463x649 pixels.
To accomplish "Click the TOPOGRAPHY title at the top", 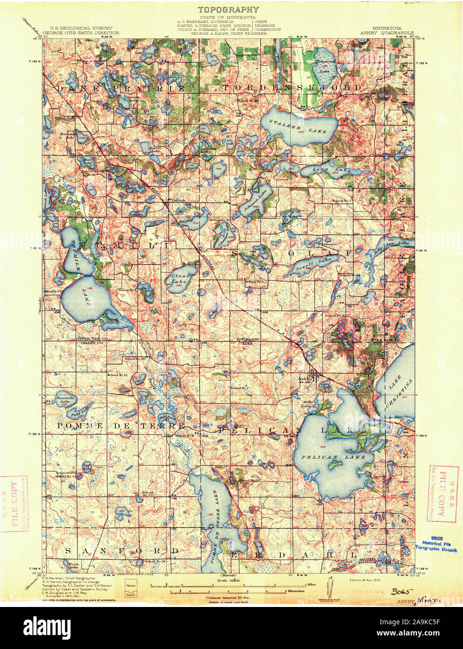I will [x=228, y=9].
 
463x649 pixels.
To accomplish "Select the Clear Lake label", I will [x=180, y=279].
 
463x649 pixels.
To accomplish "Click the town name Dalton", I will [x=178, y=200].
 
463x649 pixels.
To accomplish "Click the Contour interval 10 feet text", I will [x=228, y=597].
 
